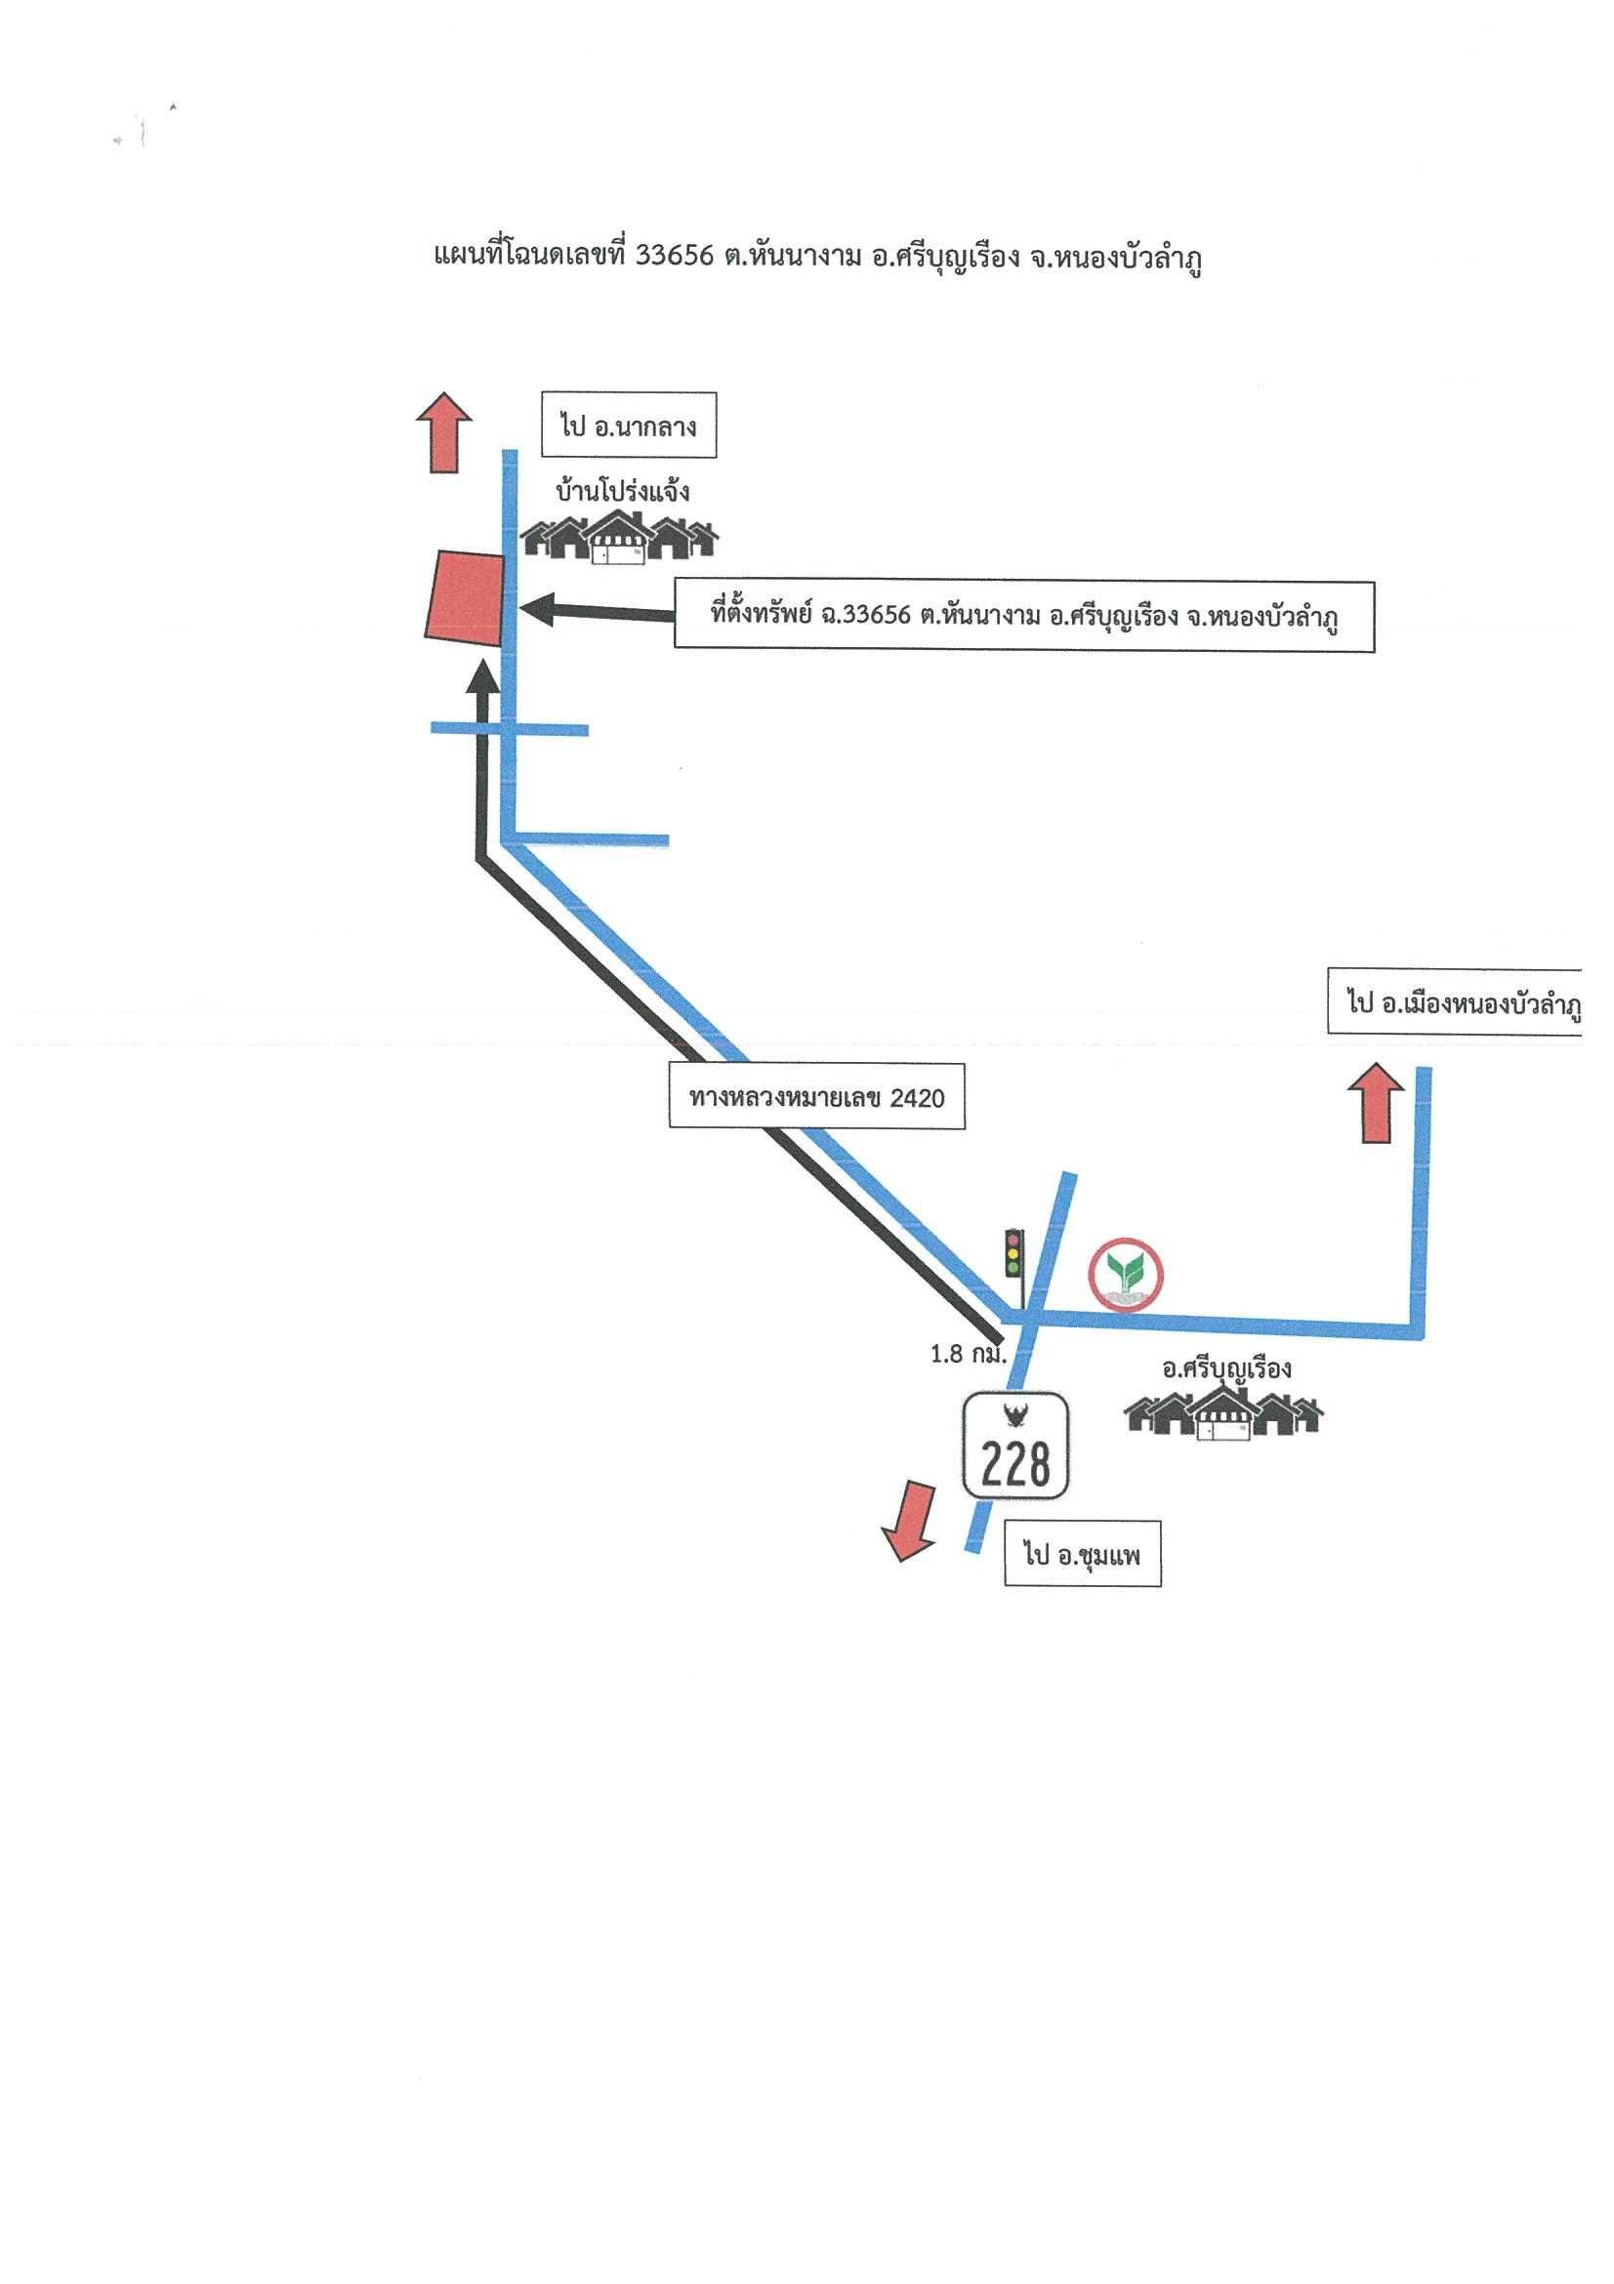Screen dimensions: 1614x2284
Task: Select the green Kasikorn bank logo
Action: [1127, 1273]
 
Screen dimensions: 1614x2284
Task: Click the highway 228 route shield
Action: [1016, 1446]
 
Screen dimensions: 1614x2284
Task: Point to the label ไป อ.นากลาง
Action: [628, 428]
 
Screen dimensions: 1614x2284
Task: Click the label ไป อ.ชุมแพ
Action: [1083, 1555]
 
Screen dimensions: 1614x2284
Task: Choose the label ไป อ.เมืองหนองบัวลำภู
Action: [1455, 1003]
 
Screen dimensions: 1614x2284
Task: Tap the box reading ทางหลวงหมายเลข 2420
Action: [817, 1097]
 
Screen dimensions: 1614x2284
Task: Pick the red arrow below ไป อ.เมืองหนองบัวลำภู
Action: [1376, 1101]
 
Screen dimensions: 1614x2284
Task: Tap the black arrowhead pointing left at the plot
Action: [537, 610]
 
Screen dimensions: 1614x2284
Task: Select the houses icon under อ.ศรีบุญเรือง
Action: [1224, 1412]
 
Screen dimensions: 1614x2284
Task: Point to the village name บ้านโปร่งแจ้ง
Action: [623, 491]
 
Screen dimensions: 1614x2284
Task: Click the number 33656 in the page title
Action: [675, 257]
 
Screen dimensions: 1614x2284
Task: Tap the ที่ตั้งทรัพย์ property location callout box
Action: [1024, 617]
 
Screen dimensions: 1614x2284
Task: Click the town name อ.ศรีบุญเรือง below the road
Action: [1226, 1367]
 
